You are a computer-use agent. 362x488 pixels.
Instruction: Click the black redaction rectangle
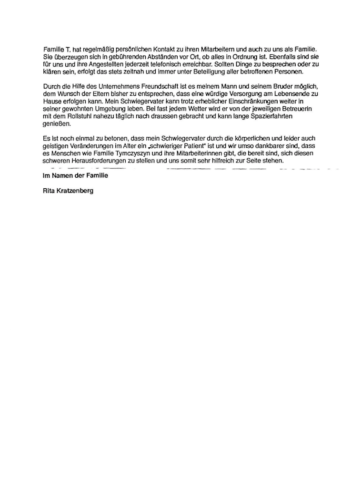[278, 461]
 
